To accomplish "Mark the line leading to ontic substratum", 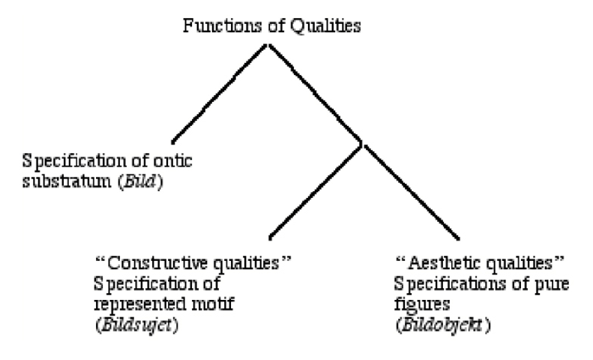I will [x=220, y=92].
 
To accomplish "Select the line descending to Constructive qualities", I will [x=316, y=187].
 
